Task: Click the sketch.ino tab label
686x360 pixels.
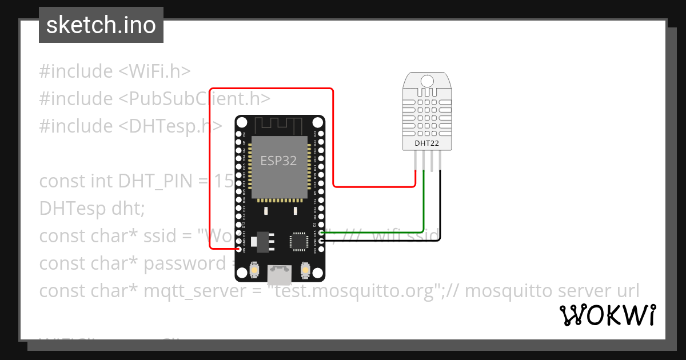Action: [101, 25]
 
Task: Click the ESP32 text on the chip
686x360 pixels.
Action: [278, 161]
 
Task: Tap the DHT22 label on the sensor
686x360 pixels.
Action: [426, 143]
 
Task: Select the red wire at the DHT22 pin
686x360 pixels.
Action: [414, 177]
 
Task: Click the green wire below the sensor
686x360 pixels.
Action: [424, 200]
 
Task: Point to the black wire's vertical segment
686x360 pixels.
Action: [441, 206]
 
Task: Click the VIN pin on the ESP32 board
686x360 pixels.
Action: [239, 250]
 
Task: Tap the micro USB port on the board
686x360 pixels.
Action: [280, 273]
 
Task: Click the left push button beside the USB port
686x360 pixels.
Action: [254, 269]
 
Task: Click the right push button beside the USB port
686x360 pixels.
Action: [306, 269]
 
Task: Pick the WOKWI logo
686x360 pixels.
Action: [607, 315]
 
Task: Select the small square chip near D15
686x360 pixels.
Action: [298, 241]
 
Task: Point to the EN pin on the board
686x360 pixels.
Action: [239, 135]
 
